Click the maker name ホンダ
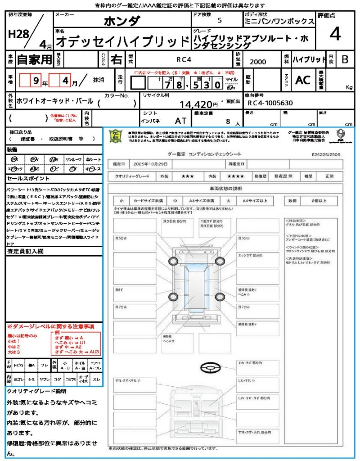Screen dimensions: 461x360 tap(122, 21)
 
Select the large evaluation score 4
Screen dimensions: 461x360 tap(335, 34)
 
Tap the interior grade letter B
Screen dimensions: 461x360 tap(345, 59)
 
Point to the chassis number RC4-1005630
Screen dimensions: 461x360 tap(270, 103)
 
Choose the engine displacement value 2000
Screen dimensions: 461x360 tap(258, 62)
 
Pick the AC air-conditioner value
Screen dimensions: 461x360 tap(303, 80)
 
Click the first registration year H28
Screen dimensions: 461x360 tap(18, 34)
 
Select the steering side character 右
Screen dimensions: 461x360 tap(116, 59)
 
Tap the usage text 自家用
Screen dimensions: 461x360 tap(35, 59)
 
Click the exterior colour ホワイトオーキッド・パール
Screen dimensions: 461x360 tap(55, 101)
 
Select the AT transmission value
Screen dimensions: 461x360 tap(181, 121)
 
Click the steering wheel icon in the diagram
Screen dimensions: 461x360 tap(210, 368)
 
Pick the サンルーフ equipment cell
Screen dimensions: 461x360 tap(74, 160)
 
